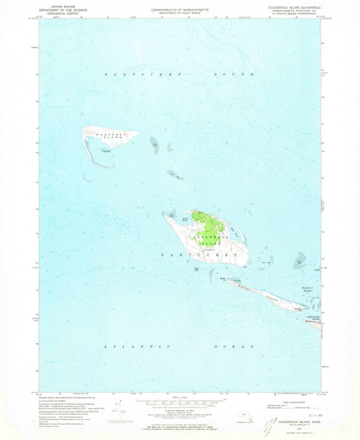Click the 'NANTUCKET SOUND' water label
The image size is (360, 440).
pos(179,74)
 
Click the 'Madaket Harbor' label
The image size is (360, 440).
pos(304,271)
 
